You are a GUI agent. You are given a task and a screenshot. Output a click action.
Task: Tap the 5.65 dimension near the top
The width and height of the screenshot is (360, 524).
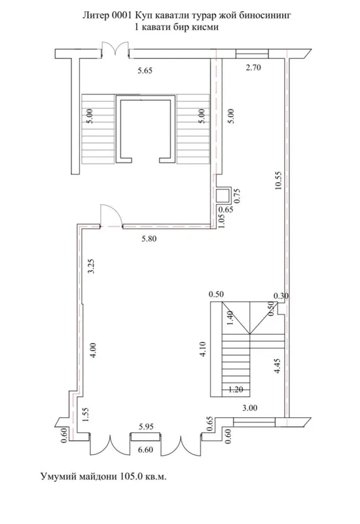[145, 71]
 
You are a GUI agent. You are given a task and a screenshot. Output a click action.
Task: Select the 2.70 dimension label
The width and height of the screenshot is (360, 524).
[253, 67]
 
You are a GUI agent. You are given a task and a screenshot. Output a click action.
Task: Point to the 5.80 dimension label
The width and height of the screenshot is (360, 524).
[149, 238]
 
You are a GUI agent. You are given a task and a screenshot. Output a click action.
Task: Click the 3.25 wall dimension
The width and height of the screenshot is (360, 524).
[91, 266]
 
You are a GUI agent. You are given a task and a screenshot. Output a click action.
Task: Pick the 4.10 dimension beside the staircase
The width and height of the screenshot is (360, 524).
[203, 349]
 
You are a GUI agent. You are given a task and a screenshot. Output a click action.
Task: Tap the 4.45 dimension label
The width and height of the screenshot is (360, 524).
[277, 365]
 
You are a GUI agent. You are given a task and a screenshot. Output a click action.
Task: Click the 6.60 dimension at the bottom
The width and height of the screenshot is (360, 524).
[145, 450]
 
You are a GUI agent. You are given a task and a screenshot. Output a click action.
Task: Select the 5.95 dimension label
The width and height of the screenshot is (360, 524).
[146, 427]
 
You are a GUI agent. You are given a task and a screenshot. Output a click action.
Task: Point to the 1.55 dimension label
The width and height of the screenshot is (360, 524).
[86, 415]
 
